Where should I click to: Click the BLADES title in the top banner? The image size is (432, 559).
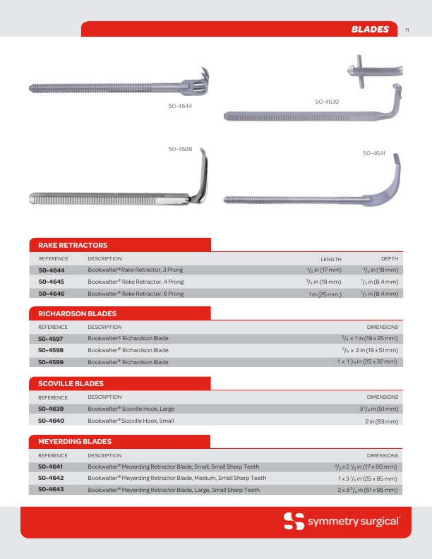click(x=370, y=29)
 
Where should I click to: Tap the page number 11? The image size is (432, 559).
click(x=407, y=30)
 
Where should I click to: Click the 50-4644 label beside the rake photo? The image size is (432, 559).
click(x=180, y=105)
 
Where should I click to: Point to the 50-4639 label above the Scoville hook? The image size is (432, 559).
click(x=327, y=102)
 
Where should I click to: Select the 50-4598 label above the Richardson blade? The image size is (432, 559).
click(x=180, y=149)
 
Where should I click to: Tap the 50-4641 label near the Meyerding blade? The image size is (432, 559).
click(x=374, y=153)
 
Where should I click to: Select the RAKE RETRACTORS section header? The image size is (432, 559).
click(x=68, y=245)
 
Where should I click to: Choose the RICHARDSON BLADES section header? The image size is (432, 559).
click(x=73, y=313)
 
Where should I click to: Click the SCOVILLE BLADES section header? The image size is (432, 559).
click(x=66, y=383)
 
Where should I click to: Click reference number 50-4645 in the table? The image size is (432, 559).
click(x=52, y=282)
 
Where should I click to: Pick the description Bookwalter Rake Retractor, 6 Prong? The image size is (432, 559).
click(x=136, y=293)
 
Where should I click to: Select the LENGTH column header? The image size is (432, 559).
click(x=331, y=259)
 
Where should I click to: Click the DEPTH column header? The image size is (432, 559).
click(x=390, y=259)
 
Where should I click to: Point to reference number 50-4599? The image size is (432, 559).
click(x=52, y=362)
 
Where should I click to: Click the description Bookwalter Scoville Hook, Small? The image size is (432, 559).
click(x=131, y=421)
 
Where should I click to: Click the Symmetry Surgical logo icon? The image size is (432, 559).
click(x=294, y=522)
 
